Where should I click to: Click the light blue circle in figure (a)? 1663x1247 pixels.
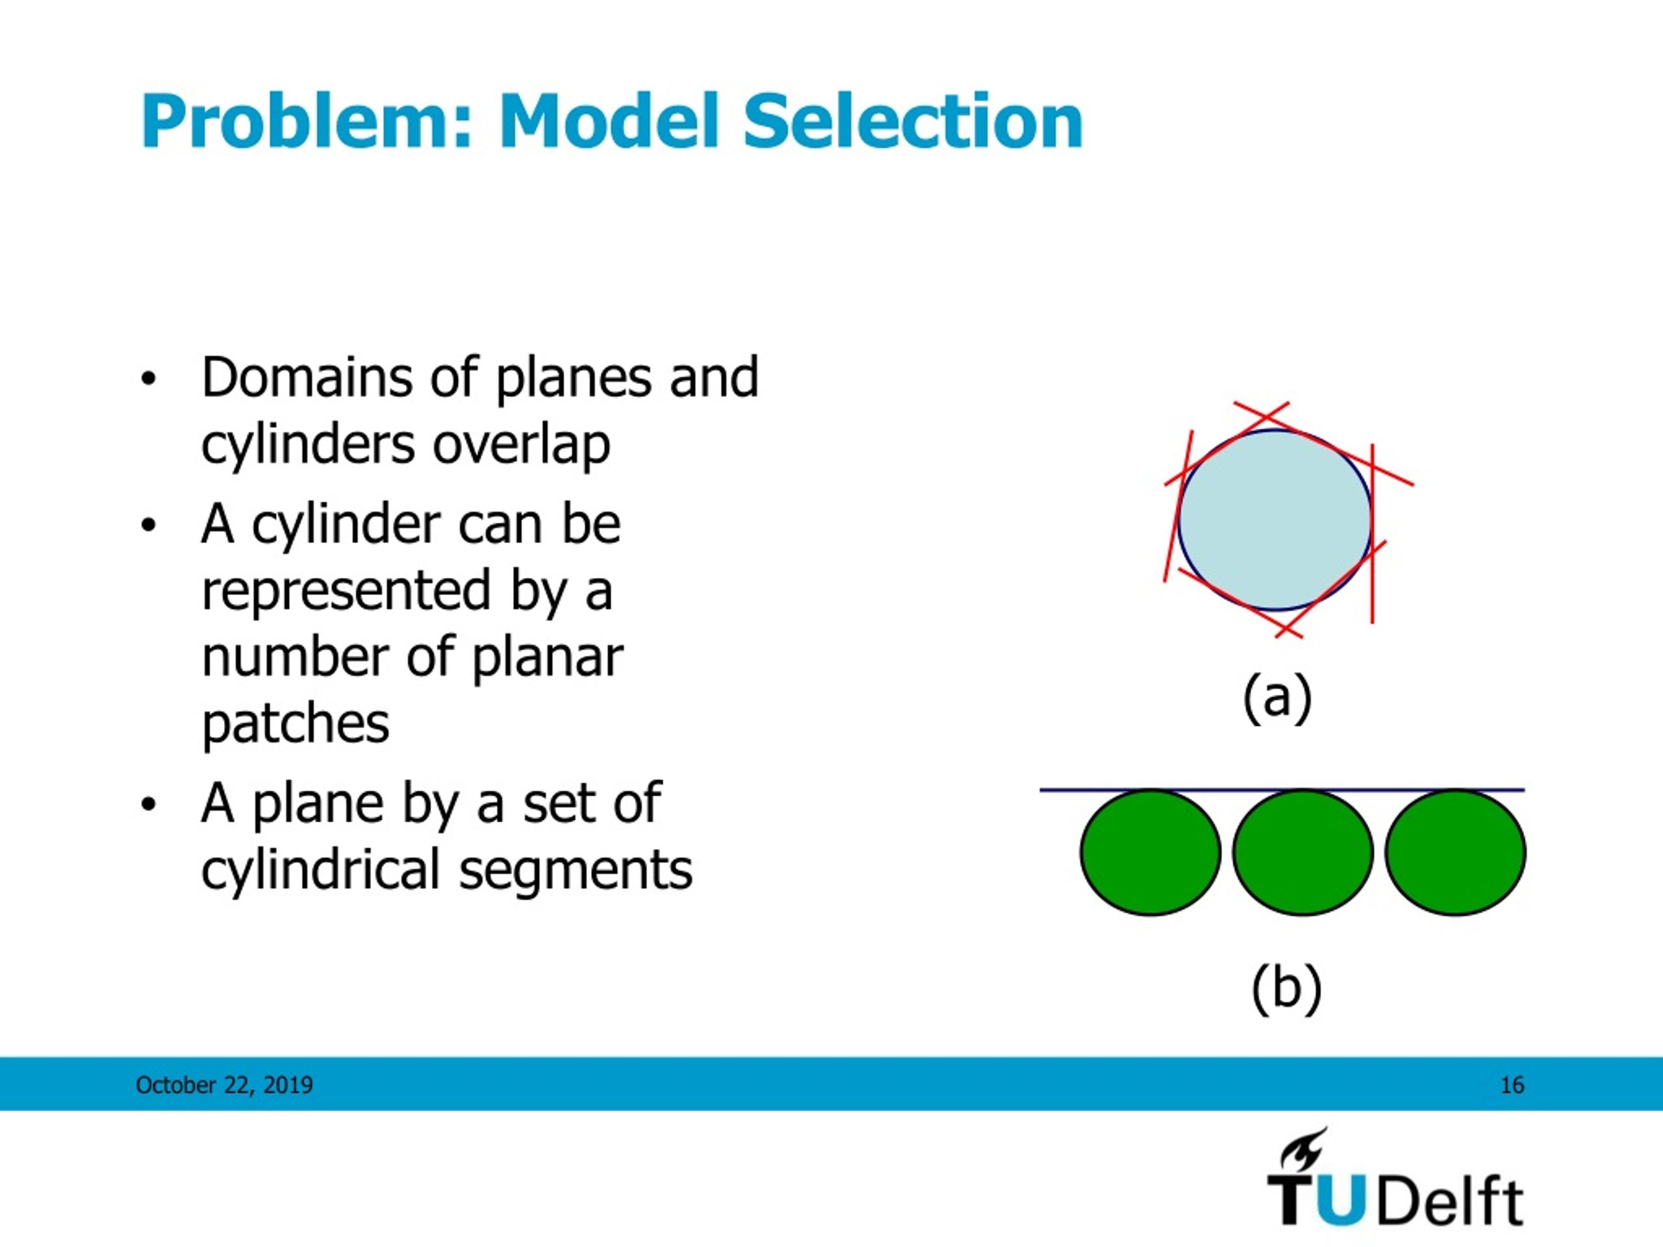[x=1275, y=520]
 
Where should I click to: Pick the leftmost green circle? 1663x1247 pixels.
[x=1150, y=852]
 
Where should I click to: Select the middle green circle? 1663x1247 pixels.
[x=1303, y=852]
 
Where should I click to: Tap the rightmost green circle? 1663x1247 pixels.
[x=1456, y=852]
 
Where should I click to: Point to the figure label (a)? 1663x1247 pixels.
[x=1277, y=698]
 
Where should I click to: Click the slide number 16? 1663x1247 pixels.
[x=1512, y=1085]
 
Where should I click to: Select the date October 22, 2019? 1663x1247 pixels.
[x=224, y=1085]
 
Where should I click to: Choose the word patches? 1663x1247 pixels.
[x=296, y=724]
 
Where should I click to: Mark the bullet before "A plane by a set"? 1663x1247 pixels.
[x=148, y=805]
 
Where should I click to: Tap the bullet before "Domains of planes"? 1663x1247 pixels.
[x=148, y=378]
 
